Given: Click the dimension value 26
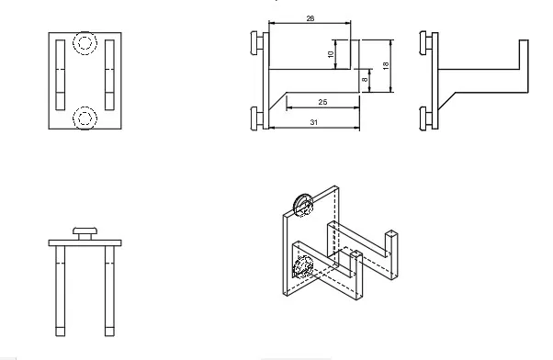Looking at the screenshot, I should point(310,17).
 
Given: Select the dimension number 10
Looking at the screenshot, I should point(332,54).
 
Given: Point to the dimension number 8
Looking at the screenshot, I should point(365,81).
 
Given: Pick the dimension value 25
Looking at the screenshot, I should point(322,101).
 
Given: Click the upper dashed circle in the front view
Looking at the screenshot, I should point(85,44).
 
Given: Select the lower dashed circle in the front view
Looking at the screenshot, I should point(85,117).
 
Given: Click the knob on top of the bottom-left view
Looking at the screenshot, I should point(85,231).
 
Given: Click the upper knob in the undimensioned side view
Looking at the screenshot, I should point(423,42).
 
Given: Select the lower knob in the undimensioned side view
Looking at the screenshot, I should point(423,118).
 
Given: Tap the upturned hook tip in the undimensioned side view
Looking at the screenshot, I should point(522,64).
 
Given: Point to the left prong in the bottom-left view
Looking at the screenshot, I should point(61,289).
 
